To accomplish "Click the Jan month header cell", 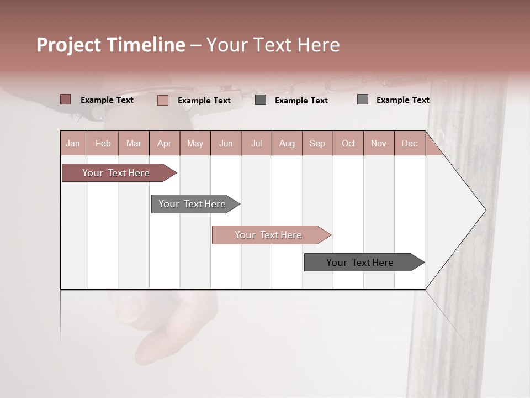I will pyautogui.click(x=73, y=143).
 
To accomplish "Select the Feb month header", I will pyautogui.click(x=103, y=143).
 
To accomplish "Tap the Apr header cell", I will pyautogui.click(x=165, y=143).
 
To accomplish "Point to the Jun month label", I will pyautogui.click(x=226, y=143).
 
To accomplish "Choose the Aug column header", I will pyautogui.click(x=287, y=143).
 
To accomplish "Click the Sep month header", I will pyautogui.click(x=317, y=143).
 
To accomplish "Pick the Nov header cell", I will pyautogui.click(x=379, y=143).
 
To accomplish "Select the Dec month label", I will pyautogui.click(x=410, y=143).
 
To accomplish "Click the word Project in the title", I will pyautogui.click(x=69, y=45).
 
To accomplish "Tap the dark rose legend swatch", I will pyautogui.click(x=66, y=99).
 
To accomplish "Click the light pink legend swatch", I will pyautogui.click(x=163, y=100).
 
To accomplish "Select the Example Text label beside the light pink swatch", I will pyautogui.click(x=204, y=101).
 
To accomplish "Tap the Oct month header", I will pyautogui.click(x=348, y=143).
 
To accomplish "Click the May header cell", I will pyautogui.click(x=195, y=143).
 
